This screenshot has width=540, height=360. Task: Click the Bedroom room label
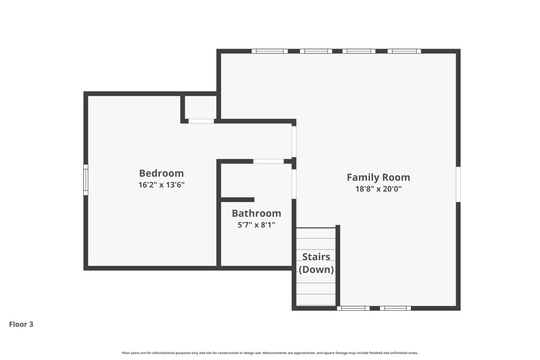(161, 173)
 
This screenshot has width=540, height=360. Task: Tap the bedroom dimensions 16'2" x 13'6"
(161, 185)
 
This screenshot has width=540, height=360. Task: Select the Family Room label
(378, 177)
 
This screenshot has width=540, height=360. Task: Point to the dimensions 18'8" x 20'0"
(378, 189)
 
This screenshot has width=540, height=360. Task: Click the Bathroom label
(256, 213)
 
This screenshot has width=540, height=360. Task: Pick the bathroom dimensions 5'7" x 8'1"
(256, 225)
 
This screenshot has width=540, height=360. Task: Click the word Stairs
(316, 257)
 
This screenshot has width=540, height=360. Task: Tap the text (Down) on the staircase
(316, 269)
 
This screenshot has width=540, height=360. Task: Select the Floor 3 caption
(21, 324)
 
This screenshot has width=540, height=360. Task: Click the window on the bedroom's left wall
(86, 180)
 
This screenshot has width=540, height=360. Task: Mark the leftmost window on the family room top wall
(270, 51)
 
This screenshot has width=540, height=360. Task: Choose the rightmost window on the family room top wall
(404, 51)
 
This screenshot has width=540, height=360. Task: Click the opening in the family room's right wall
(458, 184)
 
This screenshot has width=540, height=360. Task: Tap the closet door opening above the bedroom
(201, 121)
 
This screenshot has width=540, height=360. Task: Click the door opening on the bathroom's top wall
(269, 161)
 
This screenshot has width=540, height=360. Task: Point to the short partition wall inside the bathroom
(237, 200)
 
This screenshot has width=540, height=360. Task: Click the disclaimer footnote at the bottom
(270, 353)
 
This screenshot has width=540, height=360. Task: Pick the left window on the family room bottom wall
(353, 308)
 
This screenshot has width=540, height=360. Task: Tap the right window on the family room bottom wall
(395, 308)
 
